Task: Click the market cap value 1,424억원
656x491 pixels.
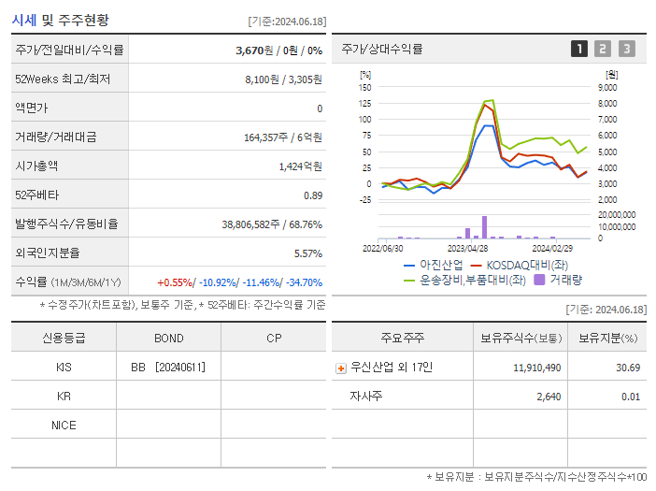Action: tap(300, 166)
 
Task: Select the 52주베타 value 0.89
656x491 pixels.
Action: tap(312, 195)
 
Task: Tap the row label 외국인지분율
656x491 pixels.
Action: tap(48, 253)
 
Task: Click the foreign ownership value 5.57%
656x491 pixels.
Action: tap(307, 253)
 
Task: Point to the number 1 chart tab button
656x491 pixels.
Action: tap(579, 49)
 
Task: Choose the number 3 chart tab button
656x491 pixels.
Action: tap(626, 49)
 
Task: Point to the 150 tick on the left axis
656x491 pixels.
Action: tap(365, 87)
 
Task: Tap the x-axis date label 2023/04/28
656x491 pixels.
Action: tap(467, 249)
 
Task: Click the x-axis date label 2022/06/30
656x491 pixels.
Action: tap(383, 249)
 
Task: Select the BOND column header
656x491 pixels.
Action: tap(169, 339)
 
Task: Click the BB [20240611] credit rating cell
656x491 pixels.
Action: tap(168, 368)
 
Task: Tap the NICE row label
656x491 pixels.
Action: tap(64, 426)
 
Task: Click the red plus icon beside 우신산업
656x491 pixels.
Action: tap(341, 368)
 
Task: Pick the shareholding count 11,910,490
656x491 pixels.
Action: tap(537, 368)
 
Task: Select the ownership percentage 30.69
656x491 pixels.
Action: tap(627, 368)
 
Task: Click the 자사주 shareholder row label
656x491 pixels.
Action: tap(366, 397)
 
